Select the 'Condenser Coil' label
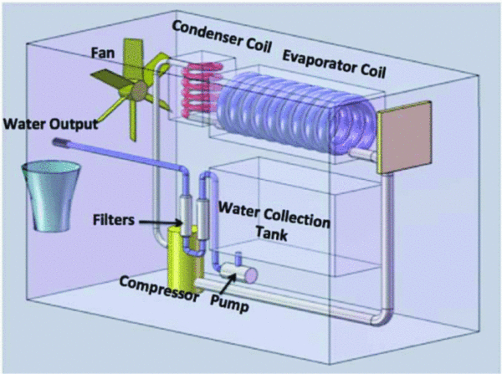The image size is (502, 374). (223, 28)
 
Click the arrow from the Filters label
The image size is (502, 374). (162, 222)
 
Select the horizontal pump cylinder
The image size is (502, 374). (238, 276)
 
